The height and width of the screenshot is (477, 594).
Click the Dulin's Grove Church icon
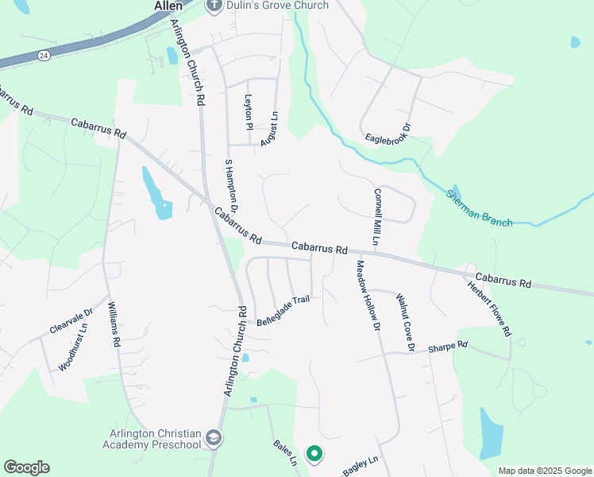[213, 6]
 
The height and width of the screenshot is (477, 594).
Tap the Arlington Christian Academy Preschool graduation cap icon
[213, 437]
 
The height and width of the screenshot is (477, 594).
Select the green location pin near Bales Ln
[314, 454]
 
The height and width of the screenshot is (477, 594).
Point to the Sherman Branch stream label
[479, 208]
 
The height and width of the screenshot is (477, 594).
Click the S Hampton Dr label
[232, 184]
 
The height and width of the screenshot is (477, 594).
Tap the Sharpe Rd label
[448, 347]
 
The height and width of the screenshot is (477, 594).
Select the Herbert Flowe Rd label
[488, 308]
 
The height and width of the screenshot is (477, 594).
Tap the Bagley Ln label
[361, 467]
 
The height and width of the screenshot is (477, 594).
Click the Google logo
[26, 467]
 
